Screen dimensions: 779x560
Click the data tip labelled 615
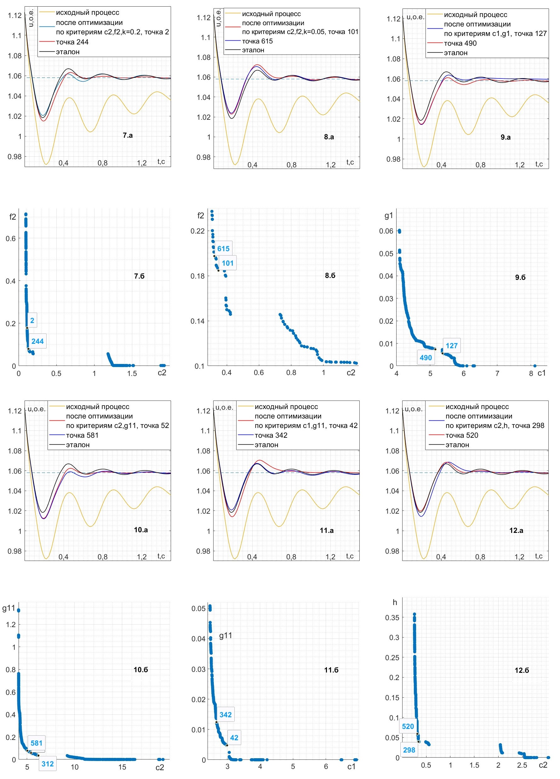tap(223, 249)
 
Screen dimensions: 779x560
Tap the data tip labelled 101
tap(227, 263)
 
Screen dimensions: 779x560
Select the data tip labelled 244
tap(37, 341)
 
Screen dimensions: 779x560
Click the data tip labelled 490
tap(426, 358)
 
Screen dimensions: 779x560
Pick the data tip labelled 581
tap(37, 743)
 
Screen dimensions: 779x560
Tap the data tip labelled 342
tap(225, 714)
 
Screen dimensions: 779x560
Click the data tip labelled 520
tap(408, 726)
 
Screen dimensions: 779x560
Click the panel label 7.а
tap(128, 135)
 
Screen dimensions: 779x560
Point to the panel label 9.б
tap(520, 277)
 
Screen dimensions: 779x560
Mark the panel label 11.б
tap(331, 670)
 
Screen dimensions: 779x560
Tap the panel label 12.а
tap(516, 530)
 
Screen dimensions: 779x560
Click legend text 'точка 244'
tap(72, 42)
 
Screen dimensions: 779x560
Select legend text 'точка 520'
tap(461, 435)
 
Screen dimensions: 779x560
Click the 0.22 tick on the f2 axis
tap(197, 231)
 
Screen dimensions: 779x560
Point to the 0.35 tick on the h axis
tap(392, 617)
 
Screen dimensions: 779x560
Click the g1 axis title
tap(388, 215)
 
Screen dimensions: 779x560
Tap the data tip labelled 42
tap(234, 737)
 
